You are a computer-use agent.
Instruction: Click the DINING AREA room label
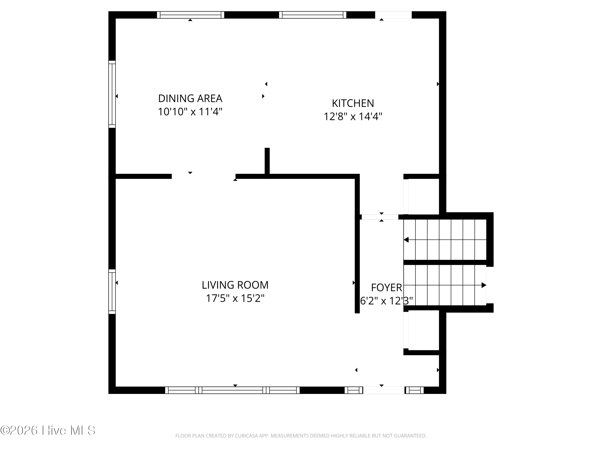pyautogui.click(x=190, y=98)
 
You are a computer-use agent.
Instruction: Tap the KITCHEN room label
pyautogui.click(x=353, y=103)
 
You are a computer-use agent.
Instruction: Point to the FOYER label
pyautogui.click(x=386, y=287)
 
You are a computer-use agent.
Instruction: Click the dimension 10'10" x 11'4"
pyautogui.click(x=190, y=112)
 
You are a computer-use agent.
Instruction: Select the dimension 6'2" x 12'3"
pyautogui.click(x=386, y=301)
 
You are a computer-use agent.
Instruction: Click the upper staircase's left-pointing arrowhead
pyautogui.click(x=406, y=240)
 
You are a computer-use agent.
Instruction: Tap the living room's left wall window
pyautogui.click(x=112, y=292)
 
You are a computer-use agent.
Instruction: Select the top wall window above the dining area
pyautogui.click(x=190, y=15)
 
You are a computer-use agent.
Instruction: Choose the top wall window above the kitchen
pyautogui.click(x=313, y=15)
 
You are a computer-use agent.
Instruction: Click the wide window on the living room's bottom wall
pyautogui.click(x=232, y=390)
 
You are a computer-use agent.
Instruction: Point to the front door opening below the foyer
pyautogui.click(x=384, y=390)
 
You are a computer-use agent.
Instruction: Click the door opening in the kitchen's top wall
pyautogui.click(x=393, y=15)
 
